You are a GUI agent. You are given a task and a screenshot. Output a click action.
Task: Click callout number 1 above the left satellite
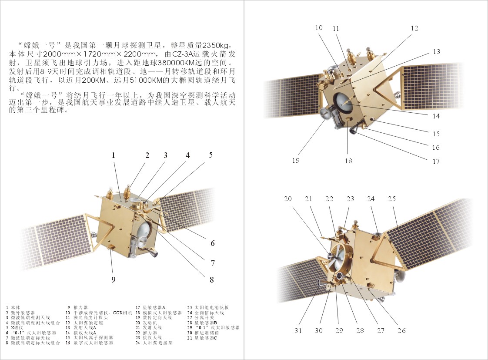point(113,155)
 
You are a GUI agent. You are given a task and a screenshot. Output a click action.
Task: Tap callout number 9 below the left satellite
point(113,280)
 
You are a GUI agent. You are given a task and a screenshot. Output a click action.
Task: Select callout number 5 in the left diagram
point(211,155)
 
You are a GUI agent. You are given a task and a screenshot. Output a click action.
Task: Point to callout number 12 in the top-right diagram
point(414,28)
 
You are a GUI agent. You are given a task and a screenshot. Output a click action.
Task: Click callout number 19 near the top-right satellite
point(296,160)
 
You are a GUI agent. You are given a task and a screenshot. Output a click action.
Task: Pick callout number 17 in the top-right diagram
point(436,161)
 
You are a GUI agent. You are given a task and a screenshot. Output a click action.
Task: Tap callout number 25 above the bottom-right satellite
point(391,199)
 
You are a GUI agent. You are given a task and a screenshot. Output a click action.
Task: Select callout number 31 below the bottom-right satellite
point(298,331)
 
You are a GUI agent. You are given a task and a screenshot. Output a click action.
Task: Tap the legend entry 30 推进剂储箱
point(205,333)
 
